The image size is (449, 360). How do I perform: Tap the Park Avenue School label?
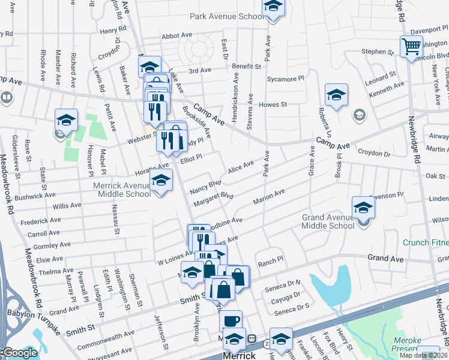(x=227, y=16)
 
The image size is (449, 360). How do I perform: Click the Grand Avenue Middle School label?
(x=328, y=221)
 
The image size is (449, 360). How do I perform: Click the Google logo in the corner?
(x=20, y=353)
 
